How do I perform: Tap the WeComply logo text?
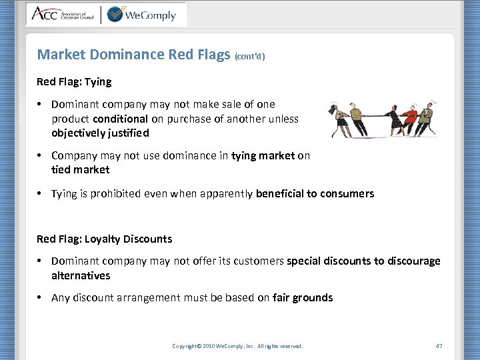151,15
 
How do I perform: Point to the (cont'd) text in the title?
250,57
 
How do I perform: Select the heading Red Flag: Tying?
74,82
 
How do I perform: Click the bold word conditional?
121,119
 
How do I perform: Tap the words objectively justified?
100,133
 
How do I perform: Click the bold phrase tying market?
263,156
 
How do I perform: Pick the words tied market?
80,169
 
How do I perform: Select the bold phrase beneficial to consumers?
315,194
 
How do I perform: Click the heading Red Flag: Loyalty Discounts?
104,239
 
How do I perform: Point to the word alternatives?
81,275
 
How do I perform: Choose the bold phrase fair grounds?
303,298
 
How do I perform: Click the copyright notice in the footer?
237,346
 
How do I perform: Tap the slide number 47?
439,345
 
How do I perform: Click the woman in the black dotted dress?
394,119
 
